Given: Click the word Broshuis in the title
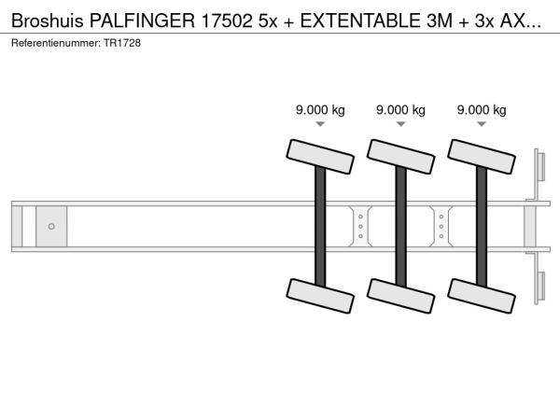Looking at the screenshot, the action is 48,21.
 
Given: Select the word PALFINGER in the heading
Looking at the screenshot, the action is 142,21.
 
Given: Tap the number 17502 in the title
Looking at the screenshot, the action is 227,21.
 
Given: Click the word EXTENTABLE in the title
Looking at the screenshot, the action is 359,21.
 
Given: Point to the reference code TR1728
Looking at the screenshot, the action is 122,43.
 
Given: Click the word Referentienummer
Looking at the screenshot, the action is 56,43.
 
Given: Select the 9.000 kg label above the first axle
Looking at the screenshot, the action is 320,110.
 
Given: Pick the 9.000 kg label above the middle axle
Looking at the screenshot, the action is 400,110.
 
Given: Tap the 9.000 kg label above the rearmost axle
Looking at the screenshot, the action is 482,110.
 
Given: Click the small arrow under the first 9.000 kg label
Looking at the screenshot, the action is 320,124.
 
